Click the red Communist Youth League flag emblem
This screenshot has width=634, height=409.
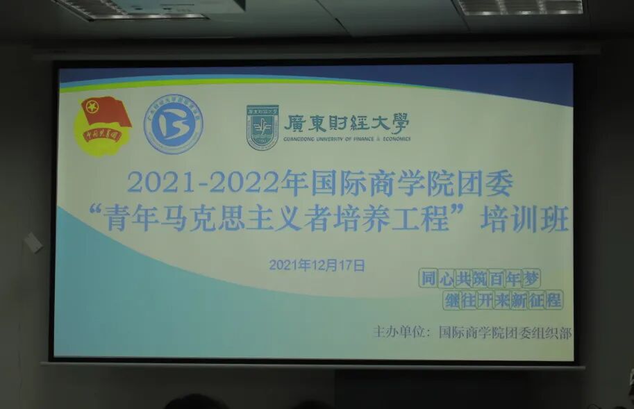102,125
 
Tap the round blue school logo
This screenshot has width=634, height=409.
173,124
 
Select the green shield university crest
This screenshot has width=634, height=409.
262,127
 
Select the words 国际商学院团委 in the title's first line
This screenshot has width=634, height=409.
411,183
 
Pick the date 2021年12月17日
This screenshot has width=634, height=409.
317,264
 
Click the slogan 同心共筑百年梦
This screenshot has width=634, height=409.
479,278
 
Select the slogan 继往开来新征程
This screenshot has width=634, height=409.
503,301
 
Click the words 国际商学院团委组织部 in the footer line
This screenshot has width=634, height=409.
505,333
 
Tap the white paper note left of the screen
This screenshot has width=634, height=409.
33,242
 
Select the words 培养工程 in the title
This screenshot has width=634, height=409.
410,222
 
